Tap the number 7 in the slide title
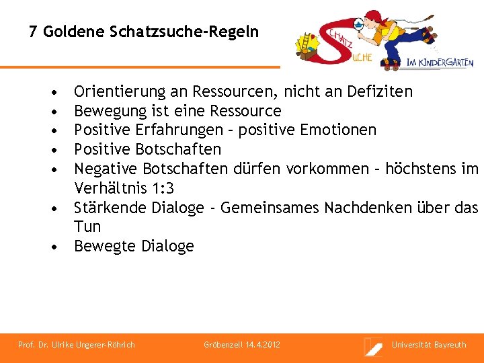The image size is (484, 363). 33,32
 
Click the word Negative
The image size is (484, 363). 106,168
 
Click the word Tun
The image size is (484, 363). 87,227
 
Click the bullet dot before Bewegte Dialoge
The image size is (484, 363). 54,247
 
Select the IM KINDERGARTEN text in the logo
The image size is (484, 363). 440,63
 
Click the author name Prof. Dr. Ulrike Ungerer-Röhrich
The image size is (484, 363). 77,345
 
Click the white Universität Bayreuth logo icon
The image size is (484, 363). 373,346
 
